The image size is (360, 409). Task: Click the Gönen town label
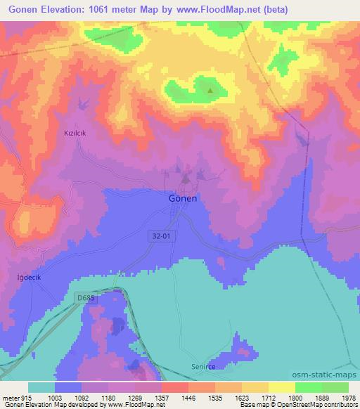pos(183,198)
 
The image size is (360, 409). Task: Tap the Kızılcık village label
pos(75,132)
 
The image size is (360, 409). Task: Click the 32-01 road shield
pos(160,237)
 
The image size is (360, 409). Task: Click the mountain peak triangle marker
pos(210,90)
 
